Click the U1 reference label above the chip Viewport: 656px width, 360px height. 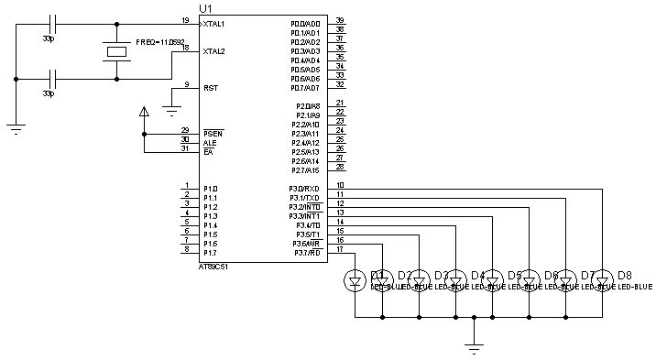tap(204, 8)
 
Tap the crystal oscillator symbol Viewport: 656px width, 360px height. tap(115, 51)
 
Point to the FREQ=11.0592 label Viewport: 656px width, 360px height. tap(161, 42)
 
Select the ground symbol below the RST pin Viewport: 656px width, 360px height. tap(170, 110)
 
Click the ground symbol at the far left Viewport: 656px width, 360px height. tap(16, 127)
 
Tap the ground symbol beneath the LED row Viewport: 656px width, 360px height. tap(474, 346)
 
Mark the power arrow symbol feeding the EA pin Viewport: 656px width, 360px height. tap(143, 113)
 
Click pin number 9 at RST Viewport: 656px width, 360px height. tap(186, 84)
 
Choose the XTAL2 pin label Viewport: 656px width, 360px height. tap(213, 51)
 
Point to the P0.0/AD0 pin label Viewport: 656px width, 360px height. tap(305, 24)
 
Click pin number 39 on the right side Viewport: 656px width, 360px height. tap(340, 20)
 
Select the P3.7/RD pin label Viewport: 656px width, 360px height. tap(305, 253)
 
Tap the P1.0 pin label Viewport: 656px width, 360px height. tap(211, 189)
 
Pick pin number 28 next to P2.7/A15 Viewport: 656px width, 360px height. tap(340, 167)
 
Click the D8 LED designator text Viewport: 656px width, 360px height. tap(625, 275)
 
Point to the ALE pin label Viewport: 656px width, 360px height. tap(209, 143)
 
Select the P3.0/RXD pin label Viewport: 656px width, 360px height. tap(305, 189)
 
